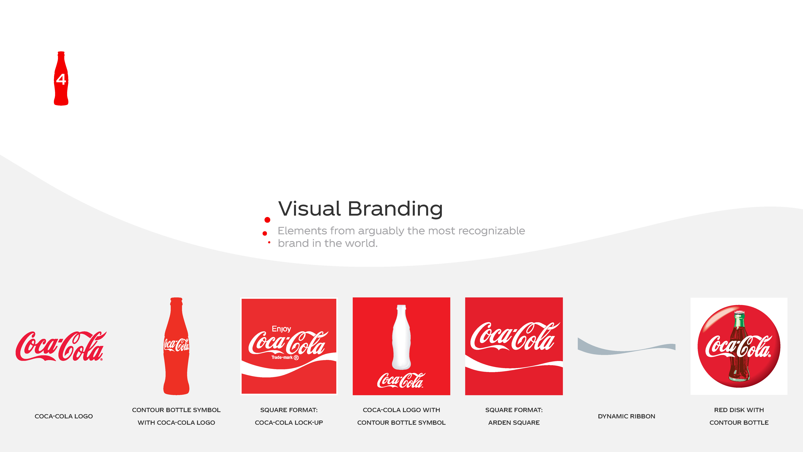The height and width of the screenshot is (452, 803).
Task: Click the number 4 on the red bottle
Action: pyautogui.click(x=61, y=79)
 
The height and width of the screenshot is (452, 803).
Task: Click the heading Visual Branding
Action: pyautogui.click(x=360, y=209)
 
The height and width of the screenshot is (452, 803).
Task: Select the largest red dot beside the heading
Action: pyautogui.click(x=267, y=220)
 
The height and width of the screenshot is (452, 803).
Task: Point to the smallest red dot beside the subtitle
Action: pyautogui.click(x=269, y=242)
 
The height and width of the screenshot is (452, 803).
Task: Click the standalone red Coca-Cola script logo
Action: pyautogui.click(x=61, y=346)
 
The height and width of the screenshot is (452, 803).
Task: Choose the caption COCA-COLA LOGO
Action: pyautogui.click(x=64, y=416)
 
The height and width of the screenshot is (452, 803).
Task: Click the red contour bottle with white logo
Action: pyautogui.click(x=176, y=346)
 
